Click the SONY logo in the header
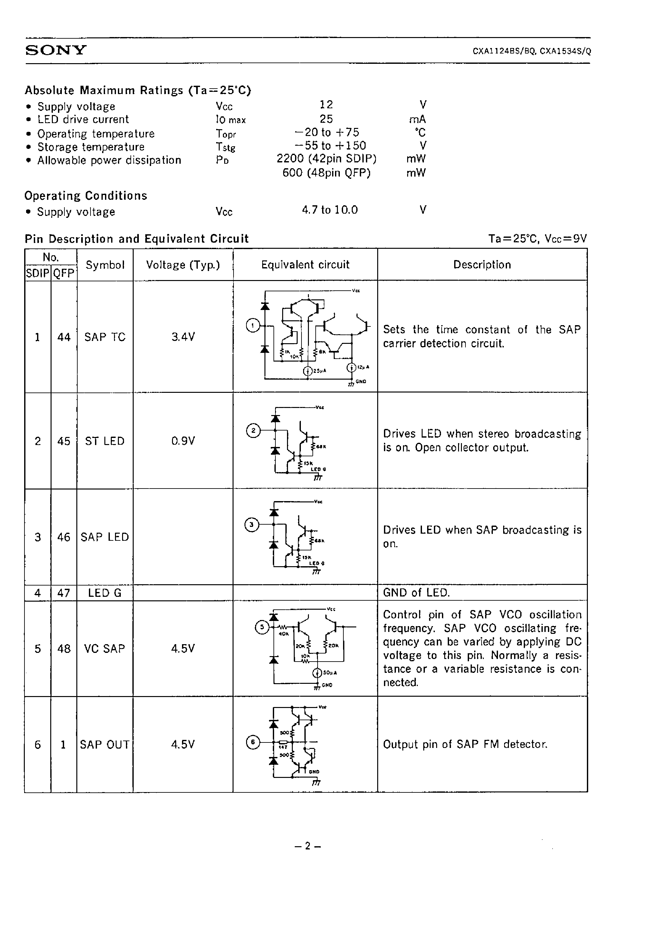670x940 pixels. pyautogui.click(x=56, y=50)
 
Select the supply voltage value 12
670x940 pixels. pyautogui.click(x=326, y=105)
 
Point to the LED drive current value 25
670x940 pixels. pyautogui.click(x=326, y=119)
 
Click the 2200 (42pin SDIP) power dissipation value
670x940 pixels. pyautogui.click(x=326, y=159)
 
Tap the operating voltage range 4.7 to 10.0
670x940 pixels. pyautogui.click(x=330, y=210)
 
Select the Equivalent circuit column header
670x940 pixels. pyautogui.click(x=305, y=265)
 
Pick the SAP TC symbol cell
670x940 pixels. pyautogui.click(x=105, y=337)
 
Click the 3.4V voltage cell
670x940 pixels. pyautogui.click(x=183, y=337)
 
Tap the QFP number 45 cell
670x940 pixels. pyautogui.click(x=64, y=441)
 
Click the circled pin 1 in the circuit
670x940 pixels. pyautogui.click(x=253, y=326)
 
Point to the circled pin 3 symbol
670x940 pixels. pyautogui.click(x=251, y=525)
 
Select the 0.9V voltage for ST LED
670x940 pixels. pyautogui.click(x=183, y=441)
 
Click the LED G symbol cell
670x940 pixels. pyautogui.click(x=105, y=593)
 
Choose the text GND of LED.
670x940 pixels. pyautogui.click(x=416, y=593)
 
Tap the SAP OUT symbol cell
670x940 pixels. pyautogui.click(x=105, y=744)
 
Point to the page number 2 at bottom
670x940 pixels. pyautogui.click(x=307, y=846)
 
